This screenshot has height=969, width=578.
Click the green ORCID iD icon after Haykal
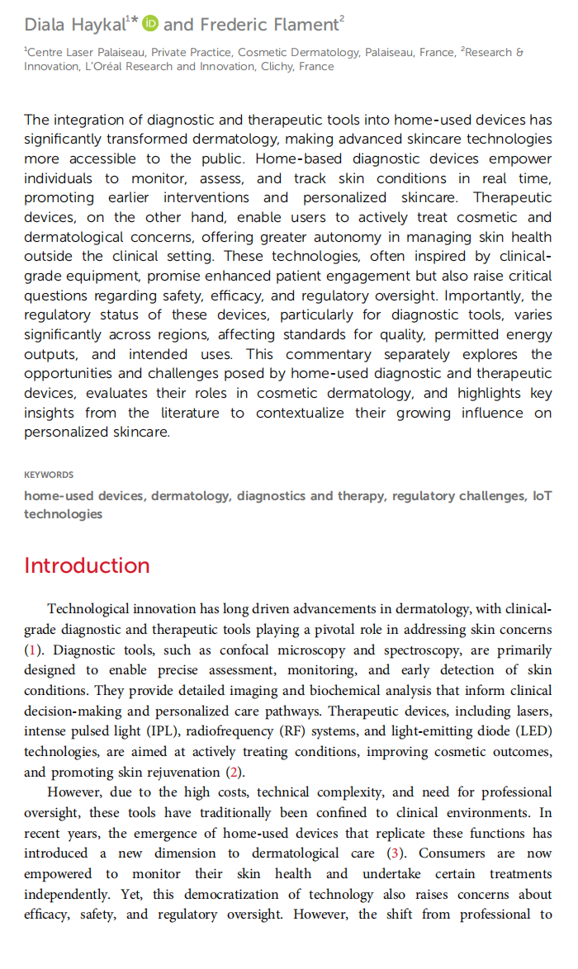(x=150, y=24)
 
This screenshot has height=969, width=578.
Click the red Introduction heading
(x=87, y=565)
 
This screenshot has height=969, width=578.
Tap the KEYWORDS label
(x=49, y=475)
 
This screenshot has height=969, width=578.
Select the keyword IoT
(x=542, y=496)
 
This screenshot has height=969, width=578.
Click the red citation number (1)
(x=31, y=650)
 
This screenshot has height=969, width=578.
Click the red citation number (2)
(x=235, y=773)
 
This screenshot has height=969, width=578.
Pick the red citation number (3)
(x=393, y=853)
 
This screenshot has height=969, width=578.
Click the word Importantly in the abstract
(x=474, y=295)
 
